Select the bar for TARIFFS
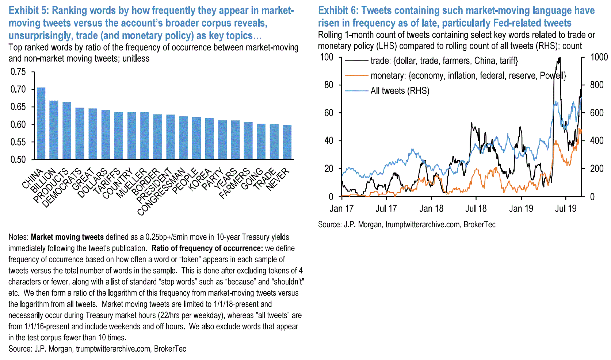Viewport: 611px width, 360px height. [x=119, y=135]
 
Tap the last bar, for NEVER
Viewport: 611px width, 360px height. [x=287, y=142]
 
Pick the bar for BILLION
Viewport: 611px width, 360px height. [x=54, y=130]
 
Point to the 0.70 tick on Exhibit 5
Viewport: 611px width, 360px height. [x=18, y=89]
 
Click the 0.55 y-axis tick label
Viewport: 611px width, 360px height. [x=18, y=142]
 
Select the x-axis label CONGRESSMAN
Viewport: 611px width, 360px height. [x=161, y=192]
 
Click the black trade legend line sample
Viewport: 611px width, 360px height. [x=356, y=61]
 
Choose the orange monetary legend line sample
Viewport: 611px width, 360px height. [x=356, y=76]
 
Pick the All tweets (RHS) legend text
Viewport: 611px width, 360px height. [x=400, y=91]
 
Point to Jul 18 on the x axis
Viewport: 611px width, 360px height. [x=476, y=209]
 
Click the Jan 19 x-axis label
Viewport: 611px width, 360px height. [x=521, y=209]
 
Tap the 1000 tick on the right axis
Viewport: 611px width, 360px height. [x=599, y=57]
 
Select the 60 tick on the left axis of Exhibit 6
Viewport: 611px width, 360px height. [x=329, y=113]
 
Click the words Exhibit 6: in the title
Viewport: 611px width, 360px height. [x=337, y=11]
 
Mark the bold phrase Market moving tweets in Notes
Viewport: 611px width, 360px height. [x=67, y=237]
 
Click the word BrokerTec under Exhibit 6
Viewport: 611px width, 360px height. [x=479, y=224]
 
